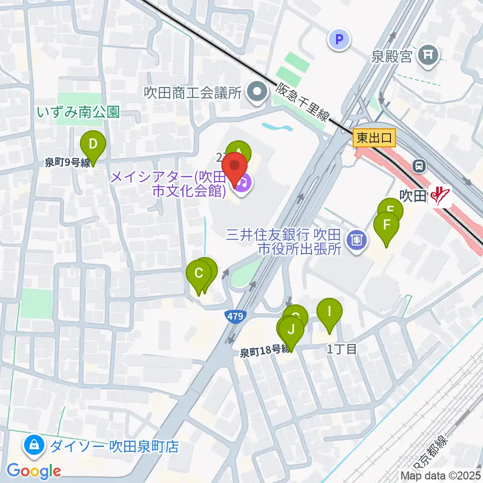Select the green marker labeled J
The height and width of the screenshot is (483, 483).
coord(291,331)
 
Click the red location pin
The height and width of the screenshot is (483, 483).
coord(234,166)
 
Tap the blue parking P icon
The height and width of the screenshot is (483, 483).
coord(339,39)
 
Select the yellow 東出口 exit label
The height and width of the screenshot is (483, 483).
coord(375,137)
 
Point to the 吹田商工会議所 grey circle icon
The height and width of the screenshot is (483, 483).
coord(258,93)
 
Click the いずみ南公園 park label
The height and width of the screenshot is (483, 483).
coord(78,112)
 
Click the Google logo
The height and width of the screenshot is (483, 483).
coord(34,471)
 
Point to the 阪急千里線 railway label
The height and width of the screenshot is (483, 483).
coord(303,104)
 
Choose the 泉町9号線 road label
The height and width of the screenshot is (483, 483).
coord(67,162)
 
